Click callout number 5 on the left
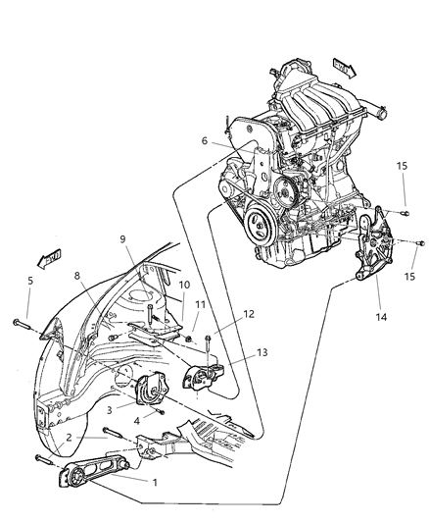[30, 281]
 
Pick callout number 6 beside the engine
[204, 141]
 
